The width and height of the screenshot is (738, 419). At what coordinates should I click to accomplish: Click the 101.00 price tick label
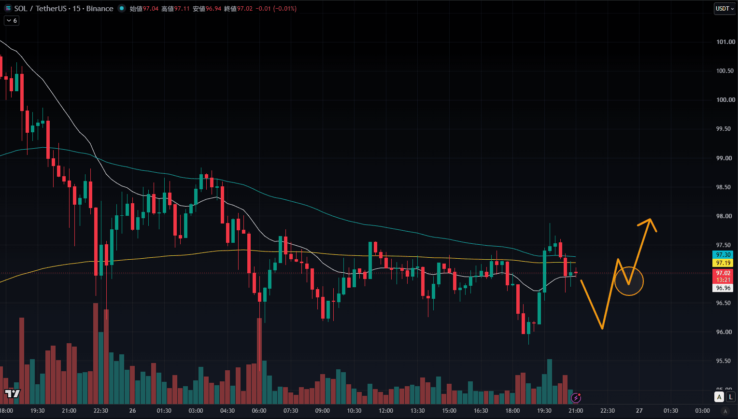point(725,42)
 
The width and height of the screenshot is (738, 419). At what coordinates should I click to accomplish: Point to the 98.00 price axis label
point(725,216)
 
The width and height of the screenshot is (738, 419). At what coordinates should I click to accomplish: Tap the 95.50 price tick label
point(725,361)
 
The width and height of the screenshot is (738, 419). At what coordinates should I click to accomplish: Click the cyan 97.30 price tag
point(723,254)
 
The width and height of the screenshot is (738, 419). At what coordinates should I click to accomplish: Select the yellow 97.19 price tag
point(723,263)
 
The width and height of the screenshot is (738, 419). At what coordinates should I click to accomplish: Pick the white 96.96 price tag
point(723,288)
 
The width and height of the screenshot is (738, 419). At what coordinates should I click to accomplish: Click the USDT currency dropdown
point(724,9)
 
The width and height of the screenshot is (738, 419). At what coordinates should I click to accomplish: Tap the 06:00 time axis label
point(259,411)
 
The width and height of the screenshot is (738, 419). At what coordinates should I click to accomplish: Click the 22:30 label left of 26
point(101,411)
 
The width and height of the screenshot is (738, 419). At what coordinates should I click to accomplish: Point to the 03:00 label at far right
point(702,411)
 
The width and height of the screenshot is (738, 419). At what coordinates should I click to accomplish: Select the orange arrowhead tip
point(650,219)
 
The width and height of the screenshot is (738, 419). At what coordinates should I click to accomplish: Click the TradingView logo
point(13,393)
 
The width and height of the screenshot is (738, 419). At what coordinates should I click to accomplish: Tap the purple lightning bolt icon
point(576,398)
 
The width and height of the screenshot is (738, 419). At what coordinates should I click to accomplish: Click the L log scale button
point(731,397)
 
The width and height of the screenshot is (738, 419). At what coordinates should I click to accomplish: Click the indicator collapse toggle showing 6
point(12,21)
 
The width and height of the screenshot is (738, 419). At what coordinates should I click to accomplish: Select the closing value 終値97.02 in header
point(238,9)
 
